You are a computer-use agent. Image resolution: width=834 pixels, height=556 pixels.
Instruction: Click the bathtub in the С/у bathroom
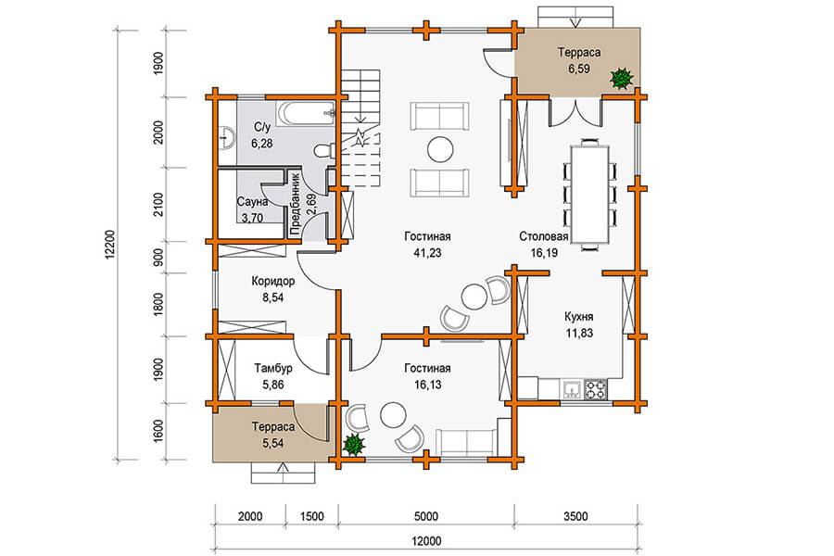coord(305,114)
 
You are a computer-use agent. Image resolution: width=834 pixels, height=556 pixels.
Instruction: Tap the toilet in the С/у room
coord(324,151)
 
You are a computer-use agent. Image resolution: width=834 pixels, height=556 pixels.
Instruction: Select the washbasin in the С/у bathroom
coord(227,136)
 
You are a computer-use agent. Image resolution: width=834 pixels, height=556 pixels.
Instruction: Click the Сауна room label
coord(252,202)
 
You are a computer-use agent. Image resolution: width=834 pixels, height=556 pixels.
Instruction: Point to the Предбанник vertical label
coord(297,204)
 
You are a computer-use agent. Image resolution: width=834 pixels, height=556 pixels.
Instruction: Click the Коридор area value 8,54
coord(272,297)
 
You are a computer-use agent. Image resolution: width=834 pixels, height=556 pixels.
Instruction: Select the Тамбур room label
coord(272,368)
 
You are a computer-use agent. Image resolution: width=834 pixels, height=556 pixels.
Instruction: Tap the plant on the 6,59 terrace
coord(621,79)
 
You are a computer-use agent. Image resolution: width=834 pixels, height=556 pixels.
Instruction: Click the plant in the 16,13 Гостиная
coord(353,445)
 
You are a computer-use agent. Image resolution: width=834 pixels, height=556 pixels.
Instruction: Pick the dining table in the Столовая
coord(590,195)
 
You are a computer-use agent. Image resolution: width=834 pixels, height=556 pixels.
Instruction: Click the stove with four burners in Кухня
coord(596,389)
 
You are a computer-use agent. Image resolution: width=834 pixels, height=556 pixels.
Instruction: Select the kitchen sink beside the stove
coord(573,389)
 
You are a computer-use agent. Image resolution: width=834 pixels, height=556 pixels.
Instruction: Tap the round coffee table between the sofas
coord(440,149)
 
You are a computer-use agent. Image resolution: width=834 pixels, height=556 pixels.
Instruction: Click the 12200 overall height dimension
coord(109,245)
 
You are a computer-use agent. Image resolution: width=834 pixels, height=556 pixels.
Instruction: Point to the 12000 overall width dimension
coord(426,541)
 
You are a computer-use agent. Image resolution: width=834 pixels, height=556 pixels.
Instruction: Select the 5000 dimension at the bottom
coord(426,516)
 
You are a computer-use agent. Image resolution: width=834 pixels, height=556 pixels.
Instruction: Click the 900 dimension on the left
coord(158,258)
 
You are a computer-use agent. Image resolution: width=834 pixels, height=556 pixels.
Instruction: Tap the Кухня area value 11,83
coord(579,333)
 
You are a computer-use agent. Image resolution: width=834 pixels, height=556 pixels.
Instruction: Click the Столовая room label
coord(544,236)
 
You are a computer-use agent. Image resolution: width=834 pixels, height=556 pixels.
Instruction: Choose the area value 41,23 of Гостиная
coord(427,253)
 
